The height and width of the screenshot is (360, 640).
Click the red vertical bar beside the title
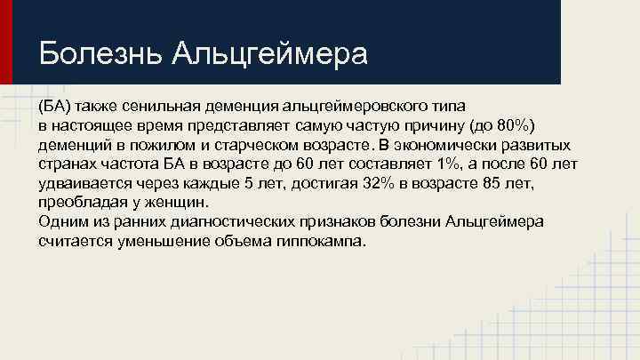5,42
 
